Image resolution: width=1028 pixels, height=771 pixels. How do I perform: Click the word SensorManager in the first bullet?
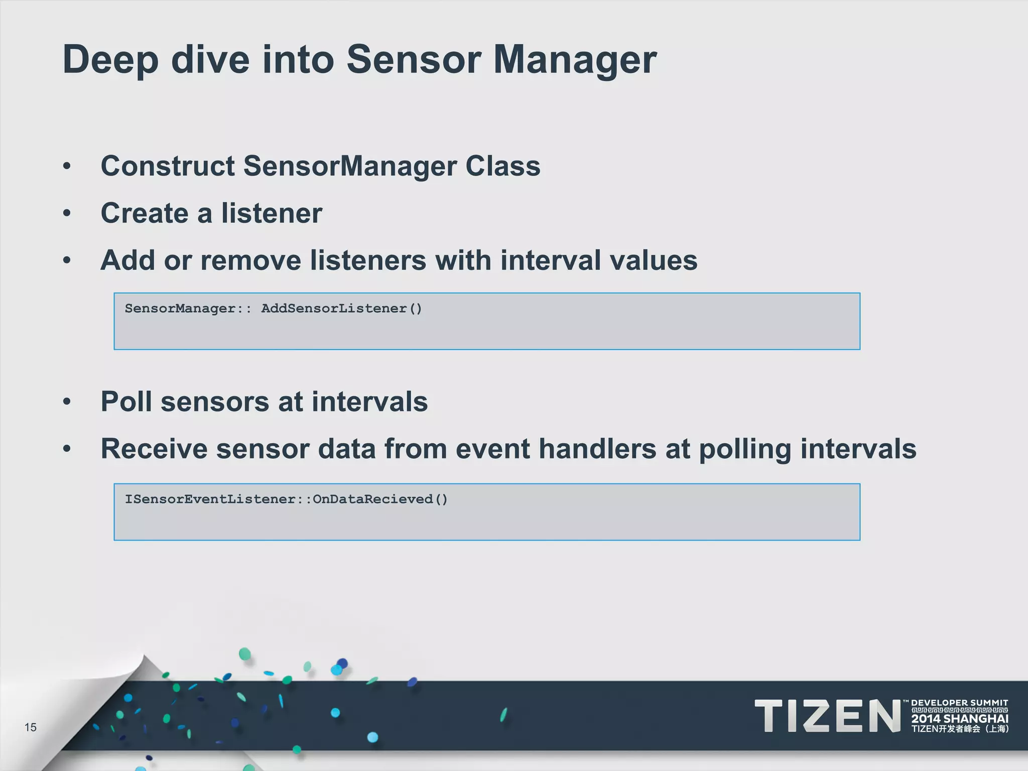[x=349, y=166]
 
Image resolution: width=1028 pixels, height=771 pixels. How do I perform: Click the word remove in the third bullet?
[x=250, y=260]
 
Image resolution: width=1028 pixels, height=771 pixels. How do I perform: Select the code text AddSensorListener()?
[x=341, y=308]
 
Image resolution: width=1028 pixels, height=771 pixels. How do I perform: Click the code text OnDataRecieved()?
[x=380, y=499]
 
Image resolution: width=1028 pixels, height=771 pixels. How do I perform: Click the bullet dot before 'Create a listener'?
[x=67, y=213]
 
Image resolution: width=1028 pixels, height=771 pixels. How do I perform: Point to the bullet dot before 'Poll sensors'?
[x=67, y=402]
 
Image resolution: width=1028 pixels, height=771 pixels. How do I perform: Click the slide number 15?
[x=31, y=727]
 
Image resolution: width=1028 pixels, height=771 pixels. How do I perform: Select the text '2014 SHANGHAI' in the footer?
[x=959, y=718]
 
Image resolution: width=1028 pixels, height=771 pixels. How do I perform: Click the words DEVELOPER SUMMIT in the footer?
[x=959, y=703]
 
